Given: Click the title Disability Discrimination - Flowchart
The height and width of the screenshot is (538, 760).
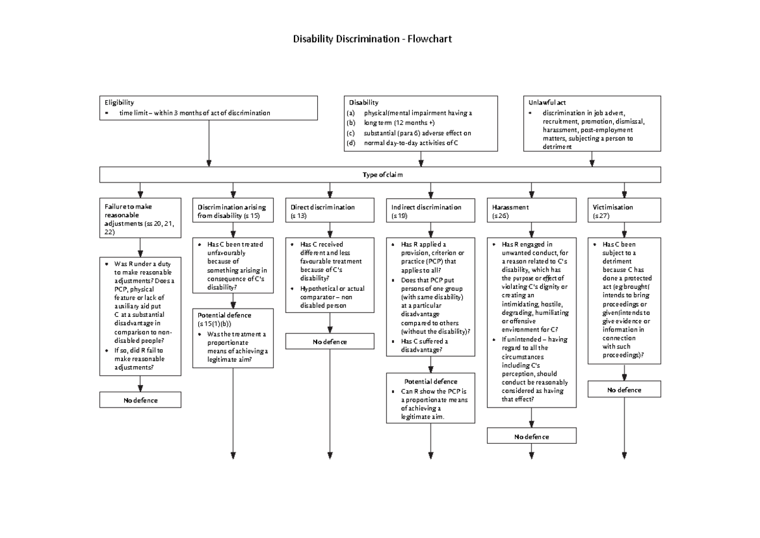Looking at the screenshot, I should (x=372, y=39).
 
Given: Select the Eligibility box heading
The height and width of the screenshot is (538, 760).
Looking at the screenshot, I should (x=119, y=102).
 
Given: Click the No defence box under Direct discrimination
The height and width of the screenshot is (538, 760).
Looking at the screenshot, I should (x=330, y=342).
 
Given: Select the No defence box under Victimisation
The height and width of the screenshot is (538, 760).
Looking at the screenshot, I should (x=624, y=390).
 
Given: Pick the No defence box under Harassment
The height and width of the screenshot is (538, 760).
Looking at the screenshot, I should (x=531, y=437).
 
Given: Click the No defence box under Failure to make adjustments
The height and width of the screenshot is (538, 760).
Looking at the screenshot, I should (x=140, y=400).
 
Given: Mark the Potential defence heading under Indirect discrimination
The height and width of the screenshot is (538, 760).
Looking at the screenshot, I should (x=431, y=381).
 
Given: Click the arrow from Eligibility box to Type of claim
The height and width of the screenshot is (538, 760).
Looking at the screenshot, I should (x=209, y=143).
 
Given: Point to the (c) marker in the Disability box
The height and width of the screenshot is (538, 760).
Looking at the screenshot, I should (x=351, y=133).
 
